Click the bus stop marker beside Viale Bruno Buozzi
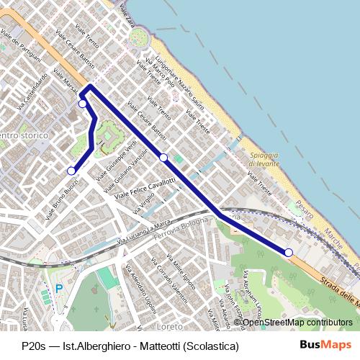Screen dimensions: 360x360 click(x=71, y=171)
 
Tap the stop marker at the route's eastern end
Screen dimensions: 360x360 click(x=289, y=252)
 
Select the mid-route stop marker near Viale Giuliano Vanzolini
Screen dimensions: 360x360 click(x=163, y=157)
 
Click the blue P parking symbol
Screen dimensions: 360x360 click(x=58, y=289)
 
